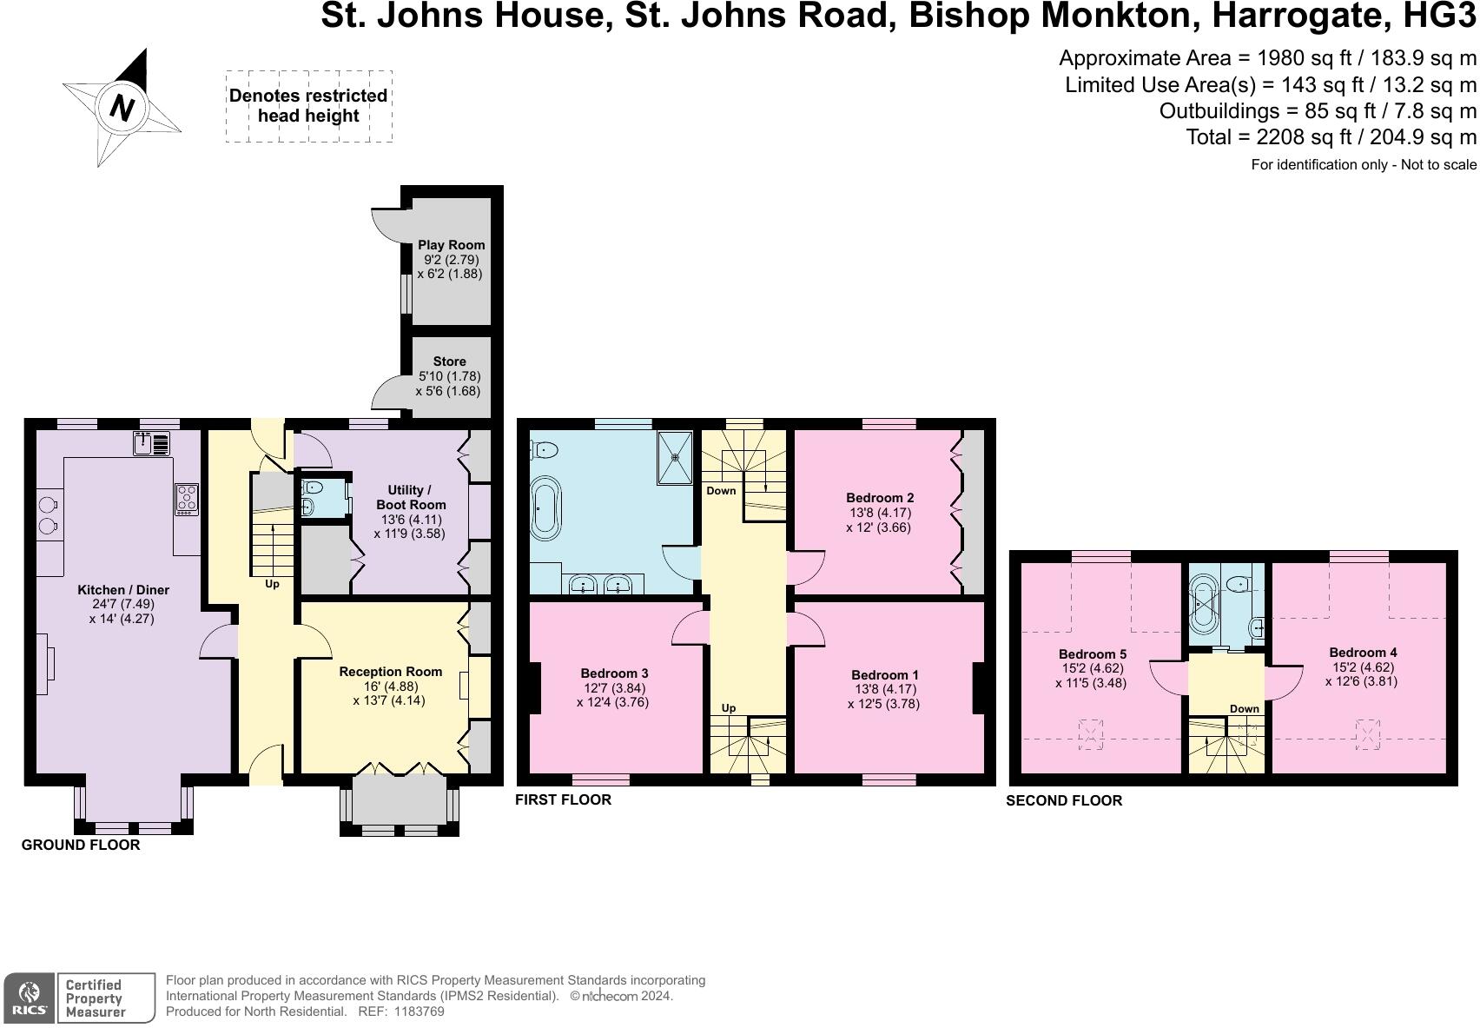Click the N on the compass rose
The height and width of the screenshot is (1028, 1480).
click(x=122, y=107)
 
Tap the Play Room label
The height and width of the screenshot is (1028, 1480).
click(x=452, y=244)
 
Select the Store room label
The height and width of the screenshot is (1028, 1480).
click(x=449, y=361)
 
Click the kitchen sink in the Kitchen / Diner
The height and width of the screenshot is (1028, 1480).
click(x=151, y=443)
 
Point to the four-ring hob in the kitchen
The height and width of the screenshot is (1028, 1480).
click(x=187, y=499)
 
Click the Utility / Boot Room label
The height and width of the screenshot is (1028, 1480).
click(x=410, y=497)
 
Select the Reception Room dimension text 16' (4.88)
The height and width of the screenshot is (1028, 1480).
click(x=390, y=686)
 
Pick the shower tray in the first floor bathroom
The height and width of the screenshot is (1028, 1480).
click(x=675, y=457)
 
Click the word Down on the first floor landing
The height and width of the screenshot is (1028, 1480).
click(x=721, y=490)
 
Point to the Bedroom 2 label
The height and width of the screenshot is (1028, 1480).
click(x=880, y=498)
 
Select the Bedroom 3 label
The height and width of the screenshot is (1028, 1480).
click(x=614, y=673)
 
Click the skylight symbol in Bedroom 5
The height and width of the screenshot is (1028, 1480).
click(x=1091, y=734)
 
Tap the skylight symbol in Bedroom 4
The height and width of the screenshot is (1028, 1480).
click(x=1368, y=734)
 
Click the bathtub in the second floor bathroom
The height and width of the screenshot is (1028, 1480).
click(x=1203, y=604)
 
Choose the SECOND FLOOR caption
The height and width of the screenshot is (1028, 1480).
click(x=1064, y=800)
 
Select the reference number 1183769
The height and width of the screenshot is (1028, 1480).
click(x=419, y=1011)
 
